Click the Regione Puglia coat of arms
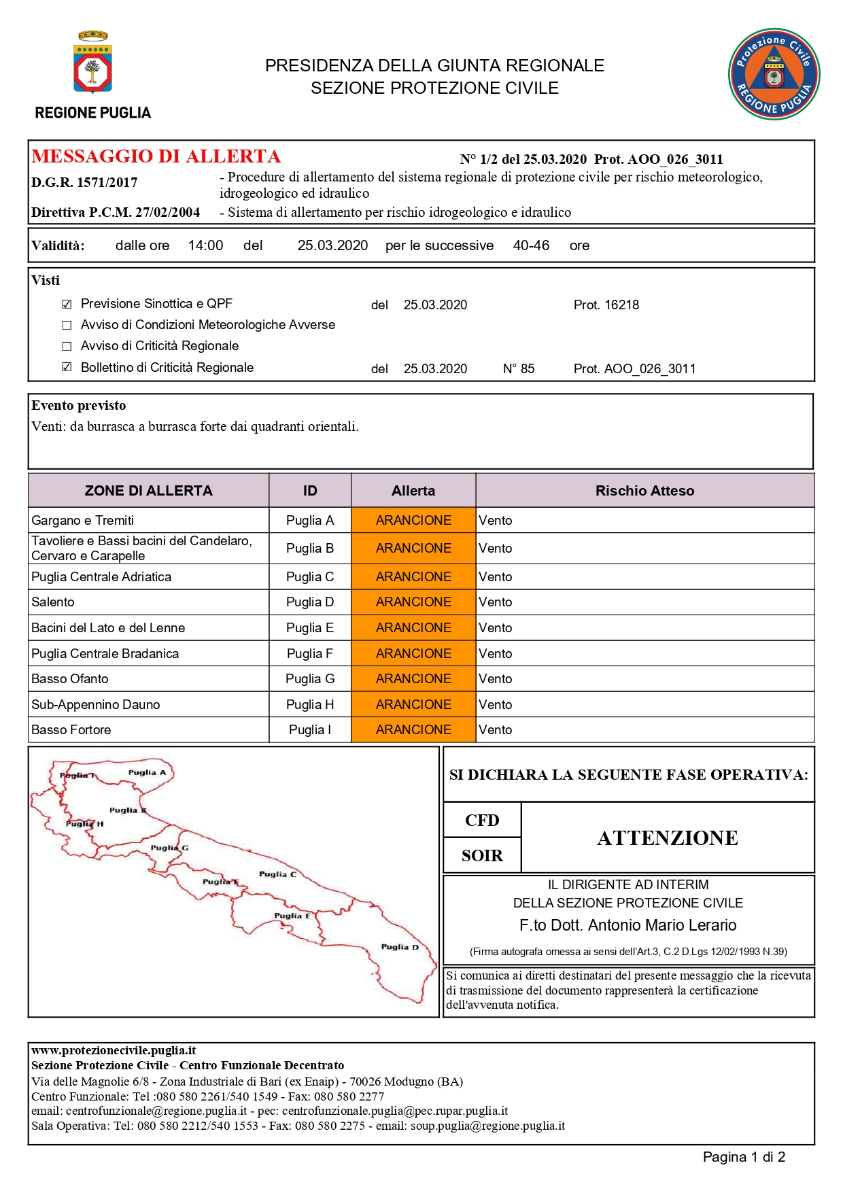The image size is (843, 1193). [92, 63]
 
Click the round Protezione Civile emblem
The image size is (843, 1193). [774, 74]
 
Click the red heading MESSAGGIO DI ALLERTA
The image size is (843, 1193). [156, 156]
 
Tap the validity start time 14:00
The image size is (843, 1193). [205, 245]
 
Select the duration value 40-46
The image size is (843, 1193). [531, 245]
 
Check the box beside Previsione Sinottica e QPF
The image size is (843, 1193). [67, 305]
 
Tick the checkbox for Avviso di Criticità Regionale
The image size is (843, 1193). [67, 347]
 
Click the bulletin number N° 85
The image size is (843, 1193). [519, 369]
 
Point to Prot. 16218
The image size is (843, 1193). [606, 305]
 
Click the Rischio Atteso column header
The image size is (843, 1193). [644, 491]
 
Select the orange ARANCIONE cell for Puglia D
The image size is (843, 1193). [413, 602]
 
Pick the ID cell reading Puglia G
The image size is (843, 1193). [310, 679]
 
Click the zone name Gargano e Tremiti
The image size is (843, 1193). [83, 521]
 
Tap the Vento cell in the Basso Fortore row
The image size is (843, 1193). [496, 730]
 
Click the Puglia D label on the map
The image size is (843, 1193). [400, 947]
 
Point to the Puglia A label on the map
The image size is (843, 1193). [147, 772]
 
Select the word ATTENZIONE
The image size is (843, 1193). [668, 838]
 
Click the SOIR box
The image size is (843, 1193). [482, 856]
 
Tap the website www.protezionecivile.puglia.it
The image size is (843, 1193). [114, 1050]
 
